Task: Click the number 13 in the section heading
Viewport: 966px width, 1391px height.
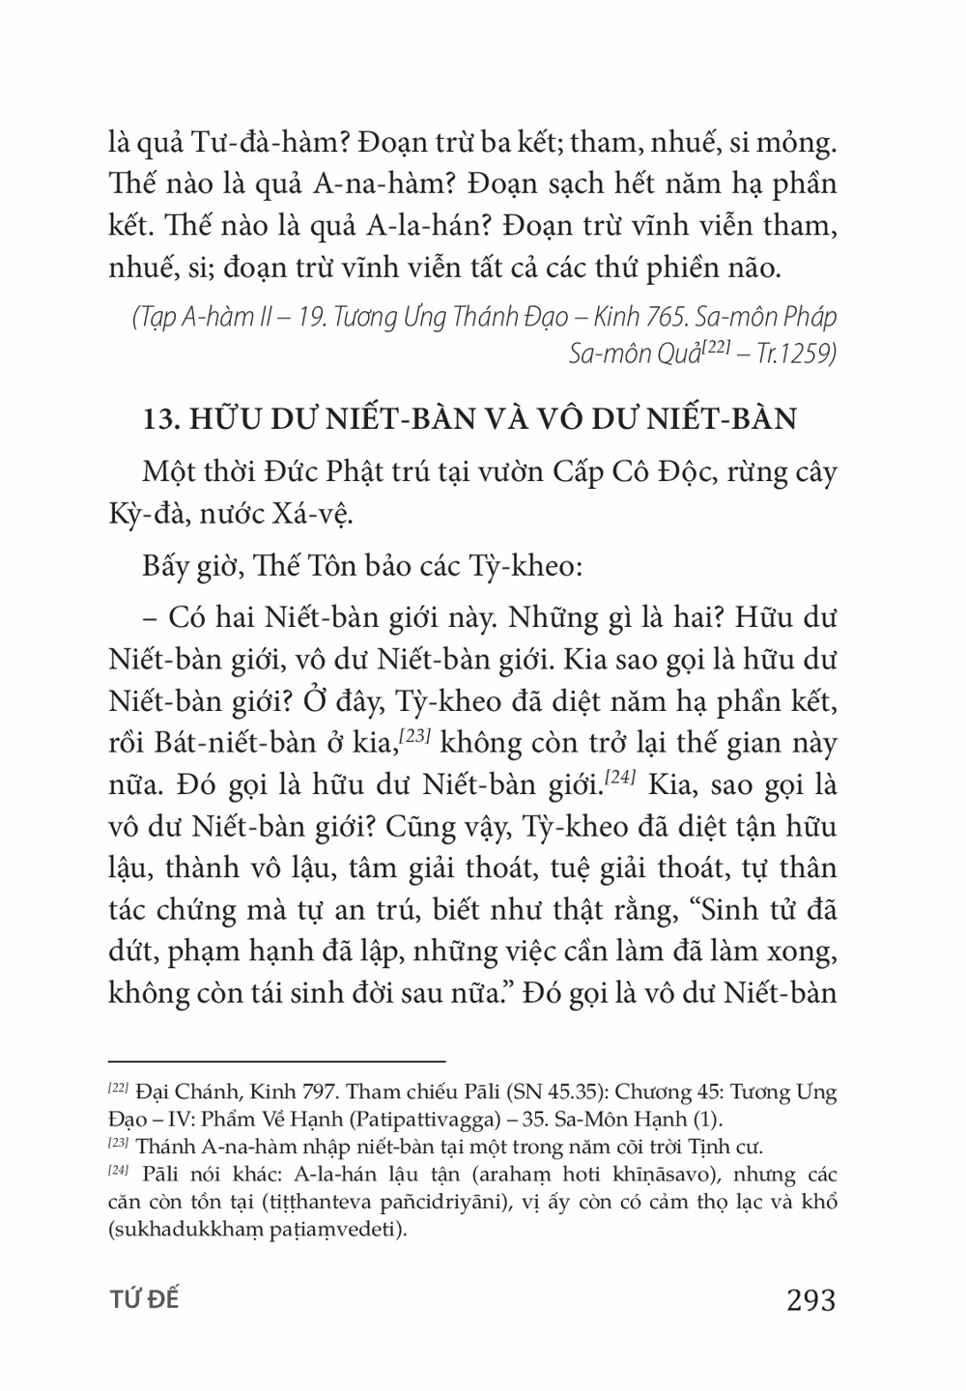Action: click(x=156, y=421)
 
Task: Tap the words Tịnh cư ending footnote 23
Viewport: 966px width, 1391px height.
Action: click(x=730, y=1148)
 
